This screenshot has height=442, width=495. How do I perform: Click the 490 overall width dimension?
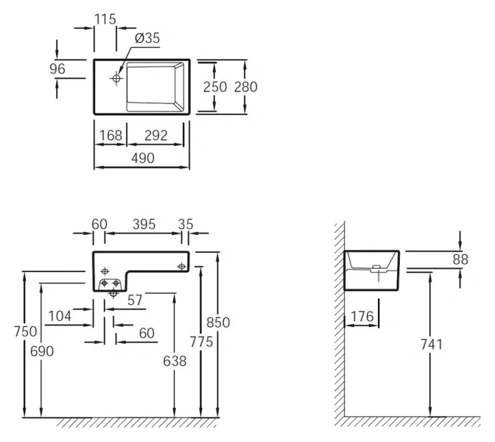(x=143, y=157)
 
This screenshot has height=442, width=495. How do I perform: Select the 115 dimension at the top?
(x=105, y=19)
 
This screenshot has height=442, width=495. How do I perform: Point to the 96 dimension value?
(x=57, y=69)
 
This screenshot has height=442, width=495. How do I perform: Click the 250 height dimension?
(x=216, y=86)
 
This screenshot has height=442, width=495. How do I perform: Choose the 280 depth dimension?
(x=245, y=86)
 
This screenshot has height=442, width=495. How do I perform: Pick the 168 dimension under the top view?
(x=111, y=135)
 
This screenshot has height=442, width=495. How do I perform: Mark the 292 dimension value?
(x=155, y=135)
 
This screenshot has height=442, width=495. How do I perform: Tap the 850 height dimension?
(x=218, y=322)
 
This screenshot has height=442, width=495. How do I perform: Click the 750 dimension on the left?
(x=25, y=331)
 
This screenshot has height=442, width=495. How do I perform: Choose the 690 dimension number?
(x=42, y=351)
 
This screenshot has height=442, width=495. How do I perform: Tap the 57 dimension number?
(x=133, y=299)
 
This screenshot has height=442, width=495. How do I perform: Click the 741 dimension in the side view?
(x=431, y=344)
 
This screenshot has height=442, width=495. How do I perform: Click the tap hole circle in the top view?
(x=117, y=77)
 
